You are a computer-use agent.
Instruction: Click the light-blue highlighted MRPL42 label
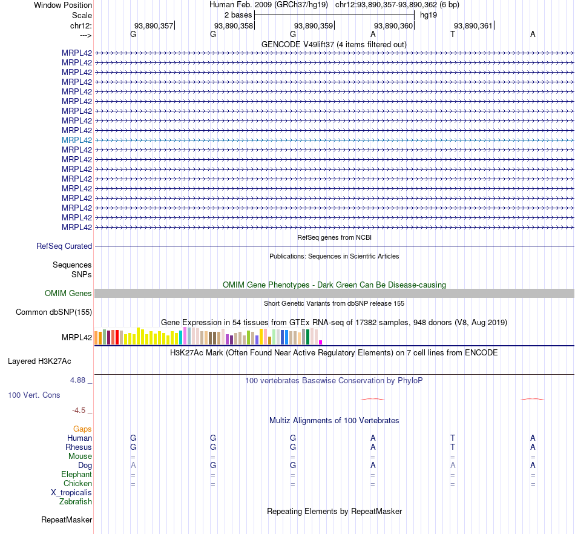[x=77, y=140]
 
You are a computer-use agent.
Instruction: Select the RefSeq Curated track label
[x=64, y=246]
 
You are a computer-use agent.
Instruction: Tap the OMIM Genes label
[x=68, y=294]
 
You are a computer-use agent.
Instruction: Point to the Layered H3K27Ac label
[x=39, y=361]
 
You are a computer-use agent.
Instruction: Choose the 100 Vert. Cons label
[x=34, y=395]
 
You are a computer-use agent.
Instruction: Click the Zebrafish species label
[x=76, y=502]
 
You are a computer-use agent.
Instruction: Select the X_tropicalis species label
[x=71, y=493]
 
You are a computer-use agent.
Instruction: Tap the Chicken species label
[x=77, y=484]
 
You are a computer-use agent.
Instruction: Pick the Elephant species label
[x=76, y=475]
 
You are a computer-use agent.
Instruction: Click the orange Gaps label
[x=82, y=429]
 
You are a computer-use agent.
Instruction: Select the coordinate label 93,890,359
[x=314, y=25]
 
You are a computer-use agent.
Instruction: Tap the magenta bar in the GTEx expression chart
[x=320, y=342]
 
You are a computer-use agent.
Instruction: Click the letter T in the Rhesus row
[x=453, y=447]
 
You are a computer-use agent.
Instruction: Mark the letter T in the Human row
[x=453, y=438]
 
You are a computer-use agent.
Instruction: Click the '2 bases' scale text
[x=238, y=15]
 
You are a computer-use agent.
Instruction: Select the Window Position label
[x=63, y=5]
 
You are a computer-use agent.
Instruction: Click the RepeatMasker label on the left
[x=67, y=520]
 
